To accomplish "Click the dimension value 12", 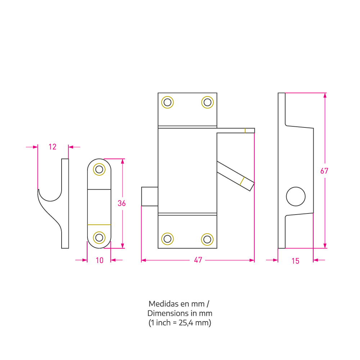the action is point(52,147).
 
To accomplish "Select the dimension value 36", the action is point(121,203).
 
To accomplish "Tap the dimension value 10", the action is point(99,260).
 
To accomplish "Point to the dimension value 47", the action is point(198,260).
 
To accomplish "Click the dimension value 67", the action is point(324,171).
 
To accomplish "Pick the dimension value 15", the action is point(295,261).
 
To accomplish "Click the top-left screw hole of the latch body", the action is point(167,102).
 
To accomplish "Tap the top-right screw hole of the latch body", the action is point(207,102).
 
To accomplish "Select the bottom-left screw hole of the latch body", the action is point(167,239).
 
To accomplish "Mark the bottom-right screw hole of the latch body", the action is point(207,239).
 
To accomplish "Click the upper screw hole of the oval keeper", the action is point(99,170).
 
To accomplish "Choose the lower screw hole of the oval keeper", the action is point(99,238).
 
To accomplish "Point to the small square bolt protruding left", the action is point(149,197).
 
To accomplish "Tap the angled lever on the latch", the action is point(235,176).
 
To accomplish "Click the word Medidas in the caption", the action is point(164,304).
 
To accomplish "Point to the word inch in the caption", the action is point(163,323).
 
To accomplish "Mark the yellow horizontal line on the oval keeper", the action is point(99,225).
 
